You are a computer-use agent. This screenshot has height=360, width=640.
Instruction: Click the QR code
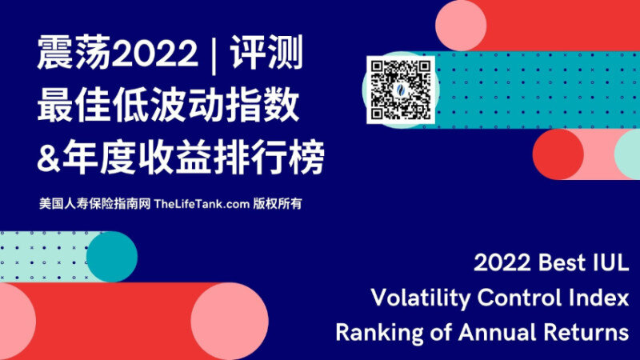(401, 90)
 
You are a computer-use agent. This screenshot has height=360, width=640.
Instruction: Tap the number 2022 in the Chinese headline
(154, 53)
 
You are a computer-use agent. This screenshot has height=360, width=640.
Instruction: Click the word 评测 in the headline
(266, 53)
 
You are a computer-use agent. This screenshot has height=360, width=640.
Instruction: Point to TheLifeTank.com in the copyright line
(202, 204)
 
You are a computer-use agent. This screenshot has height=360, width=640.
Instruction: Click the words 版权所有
(277, 204)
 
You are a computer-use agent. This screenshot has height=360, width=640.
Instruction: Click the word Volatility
(421, 298)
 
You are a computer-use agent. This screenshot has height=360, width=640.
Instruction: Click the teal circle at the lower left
(112, 257)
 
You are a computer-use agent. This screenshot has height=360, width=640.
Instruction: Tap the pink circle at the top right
(461, 26)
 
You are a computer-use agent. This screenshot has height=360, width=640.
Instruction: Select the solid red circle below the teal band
(558, 154)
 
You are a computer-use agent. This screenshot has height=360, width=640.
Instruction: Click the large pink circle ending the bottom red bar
(230, 322)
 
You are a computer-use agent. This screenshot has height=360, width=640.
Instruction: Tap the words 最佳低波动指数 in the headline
(169, 106)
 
